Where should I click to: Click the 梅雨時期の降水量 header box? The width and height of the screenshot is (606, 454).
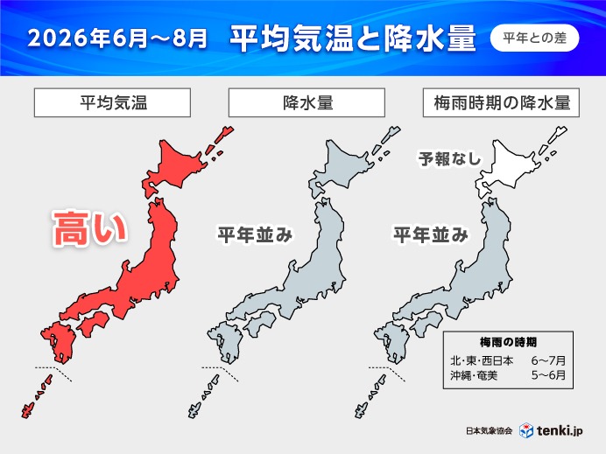(x=501, y=102)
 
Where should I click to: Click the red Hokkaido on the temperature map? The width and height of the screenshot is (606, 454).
(x=180, y=167)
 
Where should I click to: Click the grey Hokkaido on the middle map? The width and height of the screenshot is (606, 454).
(x=349, y=167)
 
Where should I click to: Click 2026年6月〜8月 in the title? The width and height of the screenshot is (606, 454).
(x=118, y=39)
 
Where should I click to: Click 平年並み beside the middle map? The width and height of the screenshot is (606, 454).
(x=254, y=234)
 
